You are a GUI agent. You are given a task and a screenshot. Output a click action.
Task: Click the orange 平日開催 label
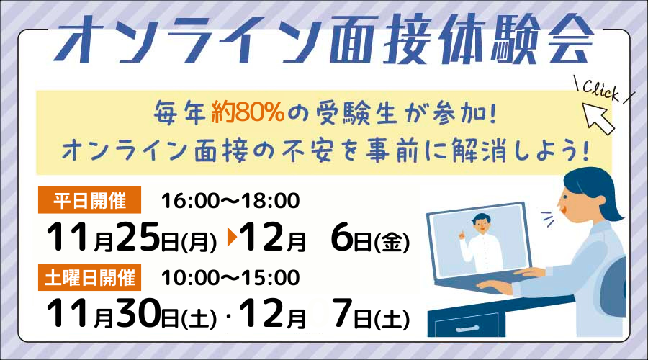click(89, 200)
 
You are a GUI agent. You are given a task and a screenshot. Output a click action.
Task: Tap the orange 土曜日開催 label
click(89, 277)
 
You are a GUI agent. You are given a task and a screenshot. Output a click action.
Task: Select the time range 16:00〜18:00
click(230, 201)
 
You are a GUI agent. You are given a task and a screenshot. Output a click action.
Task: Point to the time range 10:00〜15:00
click(230, 278)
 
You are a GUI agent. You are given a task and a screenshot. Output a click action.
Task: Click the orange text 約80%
click(248, 112)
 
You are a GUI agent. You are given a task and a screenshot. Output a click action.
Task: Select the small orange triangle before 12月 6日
click(232, 238)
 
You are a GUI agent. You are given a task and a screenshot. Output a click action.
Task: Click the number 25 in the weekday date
click(138, 237)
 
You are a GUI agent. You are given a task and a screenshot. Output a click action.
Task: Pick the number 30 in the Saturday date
click(138, 313)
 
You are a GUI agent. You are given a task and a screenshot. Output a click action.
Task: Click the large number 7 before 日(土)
click(343, 313)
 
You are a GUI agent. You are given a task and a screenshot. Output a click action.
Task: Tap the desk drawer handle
click(466, 329)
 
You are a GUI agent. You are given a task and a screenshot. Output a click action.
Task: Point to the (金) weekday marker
click(392, 242)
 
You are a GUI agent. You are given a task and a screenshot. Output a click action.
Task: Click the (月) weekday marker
click(199, 242)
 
